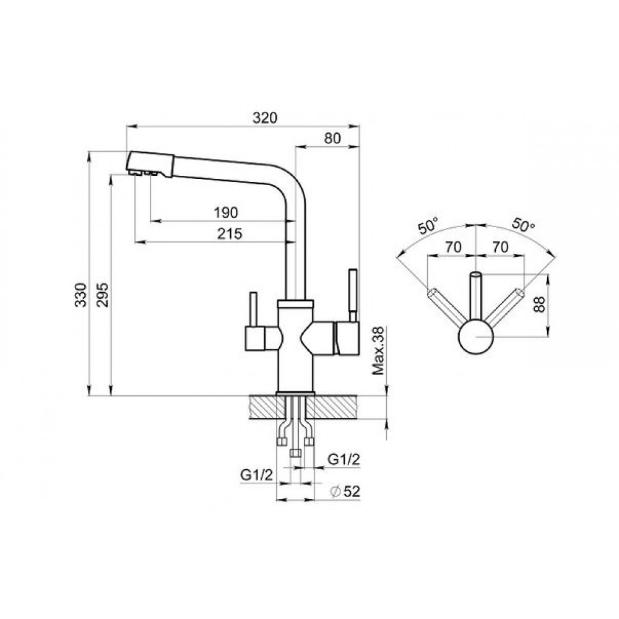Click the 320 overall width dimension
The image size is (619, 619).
[x=265, y=118]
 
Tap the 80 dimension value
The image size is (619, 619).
[x=332, y=138]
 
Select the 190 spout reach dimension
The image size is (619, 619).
[x=226, y=212]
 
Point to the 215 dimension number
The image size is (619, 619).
[x=230, y=234]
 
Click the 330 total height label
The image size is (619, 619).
[x=81, y=295]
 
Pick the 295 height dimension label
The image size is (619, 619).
[x=102, y=295]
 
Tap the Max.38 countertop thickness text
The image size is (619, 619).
[x=378, y=350]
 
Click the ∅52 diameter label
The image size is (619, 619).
[x=345, y=491]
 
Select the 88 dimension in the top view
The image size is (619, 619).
[x=539, y=304]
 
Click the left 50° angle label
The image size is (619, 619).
[x=428, y=226]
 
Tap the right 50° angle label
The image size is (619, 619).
[x=523, y=225]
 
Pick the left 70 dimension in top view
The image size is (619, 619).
[x=453, y=247]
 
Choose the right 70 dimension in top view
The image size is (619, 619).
[x=500, y=247]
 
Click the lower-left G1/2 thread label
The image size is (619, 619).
[x=257, y=475]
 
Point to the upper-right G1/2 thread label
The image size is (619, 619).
[x=344, y=459]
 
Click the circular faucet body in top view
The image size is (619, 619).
[x=475, y=337]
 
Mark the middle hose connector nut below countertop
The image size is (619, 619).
[x=295, y=453]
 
